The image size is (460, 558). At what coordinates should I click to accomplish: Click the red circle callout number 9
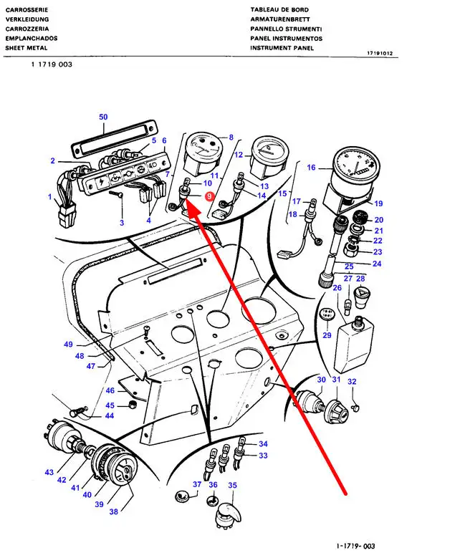click(x=209, y=196)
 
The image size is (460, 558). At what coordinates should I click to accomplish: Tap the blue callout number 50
click(x=103, y=117)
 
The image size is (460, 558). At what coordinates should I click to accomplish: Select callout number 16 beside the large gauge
click(x=311, y=168)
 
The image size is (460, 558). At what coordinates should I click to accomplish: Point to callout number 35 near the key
click(x=232, y=485)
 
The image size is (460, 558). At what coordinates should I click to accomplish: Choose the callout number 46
click(x=110, y=390)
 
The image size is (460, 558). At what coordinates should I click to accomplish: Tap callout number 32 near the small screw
click(x=352, y=382)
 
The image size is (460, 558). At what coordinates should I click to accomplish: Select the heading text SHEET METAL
click(x=27, y=48)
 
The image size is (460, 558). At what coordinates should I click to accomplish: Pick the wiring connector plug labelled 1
click(x=68, y=212)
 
